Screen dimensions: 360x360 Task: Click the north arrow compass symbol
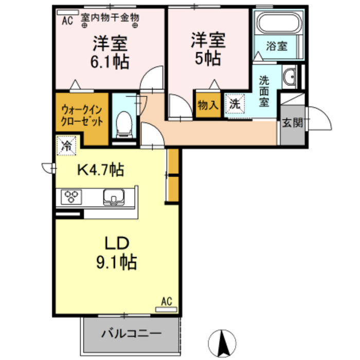pos(224,341)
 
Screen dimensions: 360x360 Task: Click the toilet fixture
pos(123,123)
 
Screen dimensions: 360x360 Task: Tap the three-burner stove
pos(71,196)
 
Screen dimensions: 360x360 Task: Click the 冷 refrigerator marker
pos(66,145)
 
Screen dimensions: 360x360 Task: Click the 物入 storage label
pos(207,105)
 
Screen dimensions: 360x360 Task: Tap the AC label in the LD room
pos(166,301)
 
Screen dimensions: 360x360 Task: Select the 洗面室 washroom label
pos(263,91)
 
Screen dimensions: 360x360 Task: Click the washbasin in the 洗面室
pos(289,77)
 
